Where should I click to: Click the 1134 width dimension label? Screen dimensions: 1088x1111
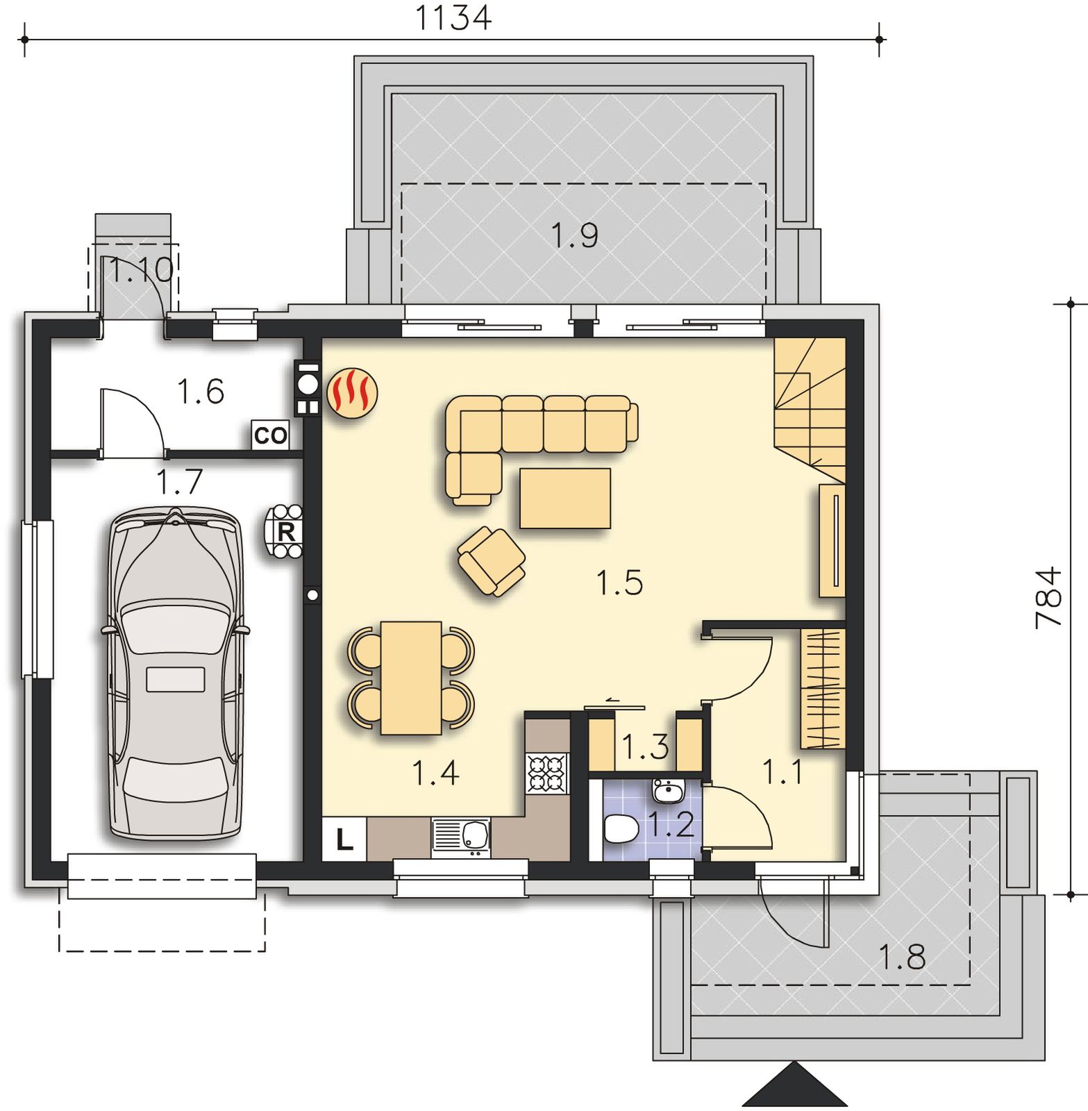pos(453,18)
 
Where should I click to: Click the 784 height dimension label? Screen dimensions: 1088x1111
pos(1048,598)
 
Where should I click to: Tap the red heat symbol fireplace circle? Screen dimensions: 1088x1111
pos(353,393)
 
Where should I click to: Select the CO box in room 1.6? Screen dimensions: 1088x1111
pos(270,435)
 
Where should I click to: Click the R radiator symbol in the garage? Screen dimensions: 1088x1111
pos(285,532)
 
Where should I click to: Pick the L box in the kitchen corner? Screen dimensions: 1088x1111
pos(344,839)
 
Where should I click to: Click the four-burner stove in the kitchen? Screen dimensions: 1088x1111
pos(548,773)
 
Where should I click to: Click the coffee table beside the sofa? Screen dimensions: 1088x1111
pos(565,498)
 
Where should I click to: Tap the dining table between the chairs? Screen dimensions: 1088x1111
pos(411,677)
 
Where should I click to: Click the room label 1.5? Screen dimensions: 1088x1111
pos(620,582)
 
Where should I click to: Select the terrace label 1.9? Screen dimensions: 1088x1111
pos(575,235)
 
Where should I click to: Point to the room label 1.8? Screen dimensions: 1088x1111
pos(903,957)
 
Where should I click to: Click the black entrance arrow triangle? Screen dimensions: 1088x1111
pos(795,1085)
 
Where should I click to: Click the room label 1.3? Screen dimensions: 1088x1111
pos(645,747)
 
